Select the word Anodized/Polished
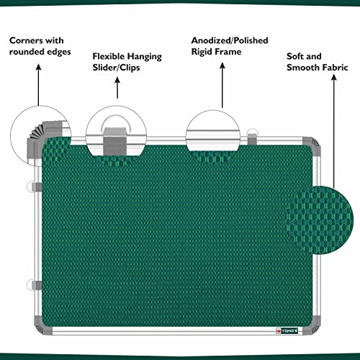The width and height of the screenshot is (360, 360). click(230, 40)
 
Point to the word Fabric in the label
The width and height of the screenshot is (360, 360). click(336, 68)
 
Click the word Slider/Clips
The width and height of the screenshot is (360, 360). click(116, 68)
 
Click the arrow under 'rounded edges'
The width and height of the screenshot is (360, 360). click(38, 85)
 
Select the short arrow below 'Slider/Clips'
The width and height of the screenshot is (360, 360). click(117, 88)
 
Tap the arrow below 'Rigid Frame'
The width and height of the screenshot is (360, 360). click(222, 85)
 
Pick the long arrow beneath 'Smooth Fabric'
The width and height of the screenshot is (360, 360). click(334, 132)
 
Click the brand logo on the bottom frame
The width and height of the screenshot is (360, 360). click(287, 331)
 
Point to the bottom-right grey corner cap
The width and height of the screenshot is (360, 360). click(312, 326)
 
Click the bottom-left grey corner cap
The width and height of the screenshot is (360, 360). click(42, 326)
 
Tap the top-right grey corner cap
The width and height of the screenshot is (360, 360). click(312, 146)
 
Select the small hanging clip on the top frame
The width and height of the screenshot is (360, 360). click(252, 137)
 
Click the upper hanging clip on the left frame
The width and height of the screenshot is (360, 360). click(34, 187)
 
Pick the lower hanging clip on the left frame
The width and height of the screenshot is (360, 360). click(34, 285)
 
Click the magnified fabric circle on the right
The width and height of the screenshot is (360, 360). click(320, 220)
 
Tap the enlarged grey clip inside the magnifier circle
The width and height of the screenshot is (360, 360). click(115, 142)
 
